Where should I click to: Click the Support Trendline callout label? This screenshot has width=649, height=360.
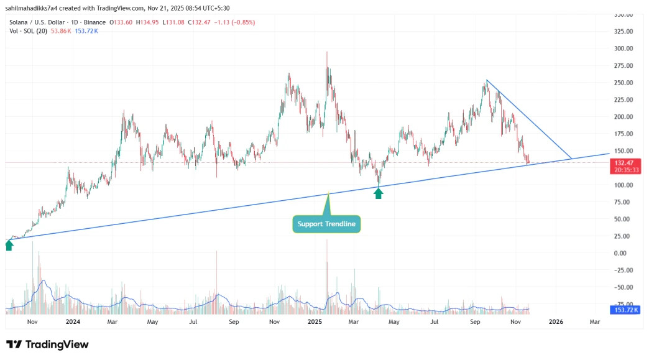click(326, 224)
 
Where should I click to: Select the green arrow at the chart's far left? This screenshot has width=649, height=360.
click(9, 245)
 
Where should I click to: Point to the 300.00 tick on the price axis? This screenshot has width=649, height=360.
click(623, 48)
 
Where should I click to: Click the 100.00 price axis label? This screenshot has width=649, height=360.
click(623, 185)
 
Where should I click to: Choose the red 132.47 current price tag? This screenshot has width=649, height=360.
click(624, 162)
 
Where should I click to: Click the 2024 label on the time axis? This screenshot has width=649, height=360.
click(73, 323)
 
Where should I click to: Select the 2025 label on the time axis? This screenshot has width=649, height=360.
click(315, 323)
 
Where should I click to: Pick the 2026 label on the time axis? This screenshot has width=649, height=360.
click(556, 323)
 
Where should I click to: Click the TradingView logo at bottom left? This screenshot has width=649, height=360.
click(47, 344)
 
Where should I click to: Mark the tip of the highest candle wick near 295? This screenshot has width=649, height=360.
click(327, 52)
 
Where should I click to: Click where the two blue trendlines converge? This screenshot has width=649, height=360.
click(571, 159)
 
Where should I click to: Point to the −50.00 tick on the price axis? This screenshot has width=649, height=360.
click(623, 288)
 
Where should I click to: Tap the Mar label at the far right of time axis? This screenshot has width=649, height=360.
click(594, 323)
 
